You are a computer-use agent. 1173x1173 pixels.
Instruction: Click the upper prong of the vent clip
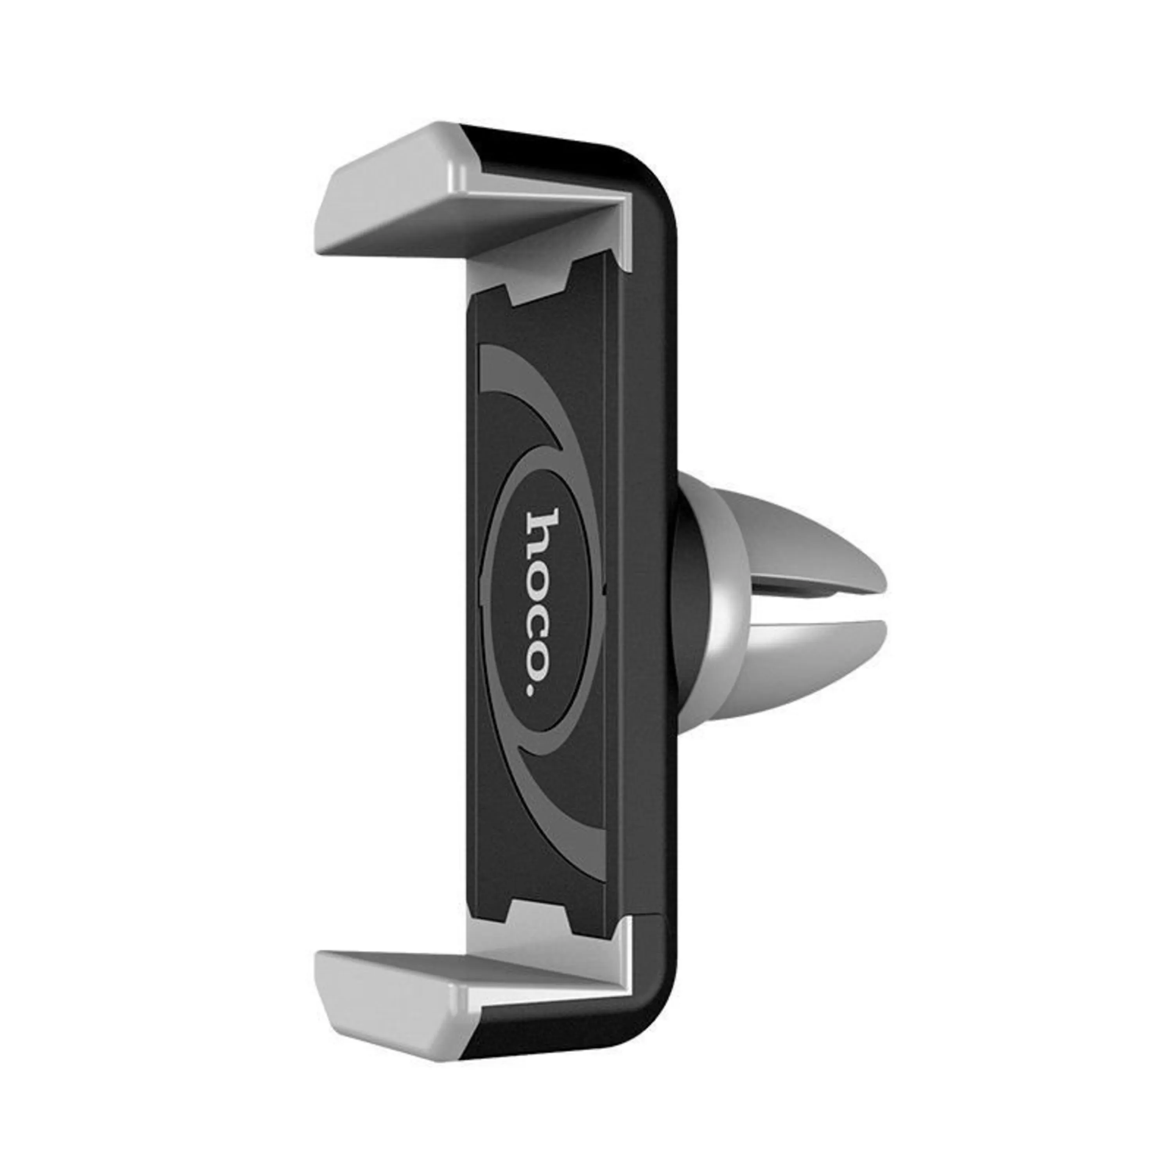point(802,547)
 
